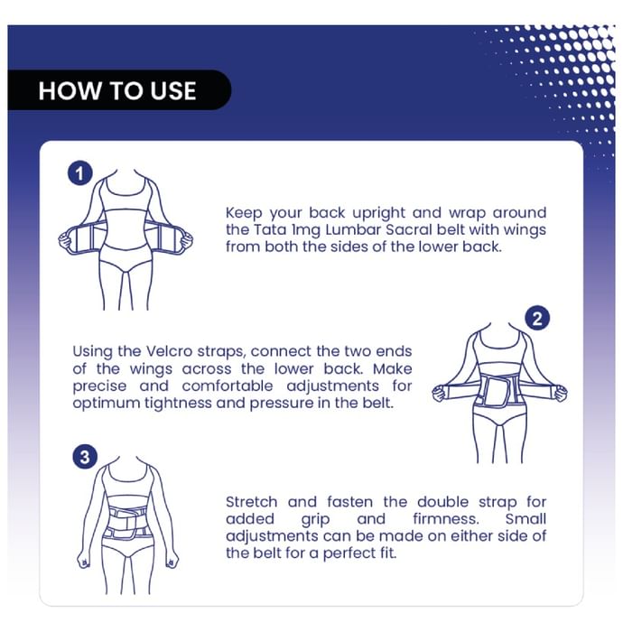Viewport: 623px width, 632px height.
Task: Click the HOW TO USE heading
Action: click(117, 90)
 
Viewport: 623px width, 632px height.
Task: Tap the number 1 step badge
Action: click(79, 173)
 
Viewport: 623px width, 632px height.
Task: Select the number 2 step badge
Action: click(537, 319)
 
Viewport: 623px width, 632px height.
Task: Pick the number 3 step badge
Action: click(85, 457)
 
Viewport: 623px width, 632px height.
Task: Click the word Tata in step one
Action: click(270, 229)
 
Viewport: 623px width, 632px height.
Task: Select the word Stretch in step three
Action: click(251, 502)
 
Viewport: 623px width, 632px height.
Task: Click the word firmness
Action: click(446, 519)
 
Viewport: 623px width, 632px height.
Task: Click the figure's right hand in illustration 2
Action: click(561, 393)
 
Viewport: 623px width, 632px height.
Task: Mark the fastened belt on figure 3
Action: click(127, 523)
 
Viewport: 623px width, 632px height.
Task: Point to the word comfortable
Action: click(228, 386)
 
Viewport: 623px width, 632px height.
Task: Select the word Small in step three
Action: click(525, 519)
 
